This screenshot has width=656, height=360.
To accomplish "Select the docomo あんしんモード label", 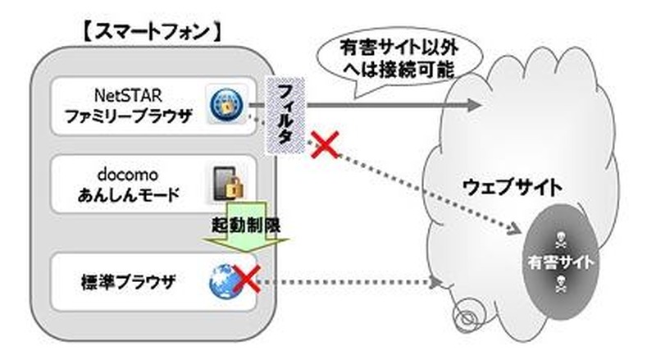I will click(x=119, y=185).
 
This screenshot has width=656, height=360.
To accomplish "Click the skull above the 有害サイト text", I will click(x=562, y=235).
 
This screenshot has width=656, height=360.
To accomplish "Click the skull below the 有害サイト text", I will click(x=562, y=287).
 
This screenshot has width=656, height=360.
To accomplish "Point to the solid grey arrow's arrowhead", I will click(x=473, y=104).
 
